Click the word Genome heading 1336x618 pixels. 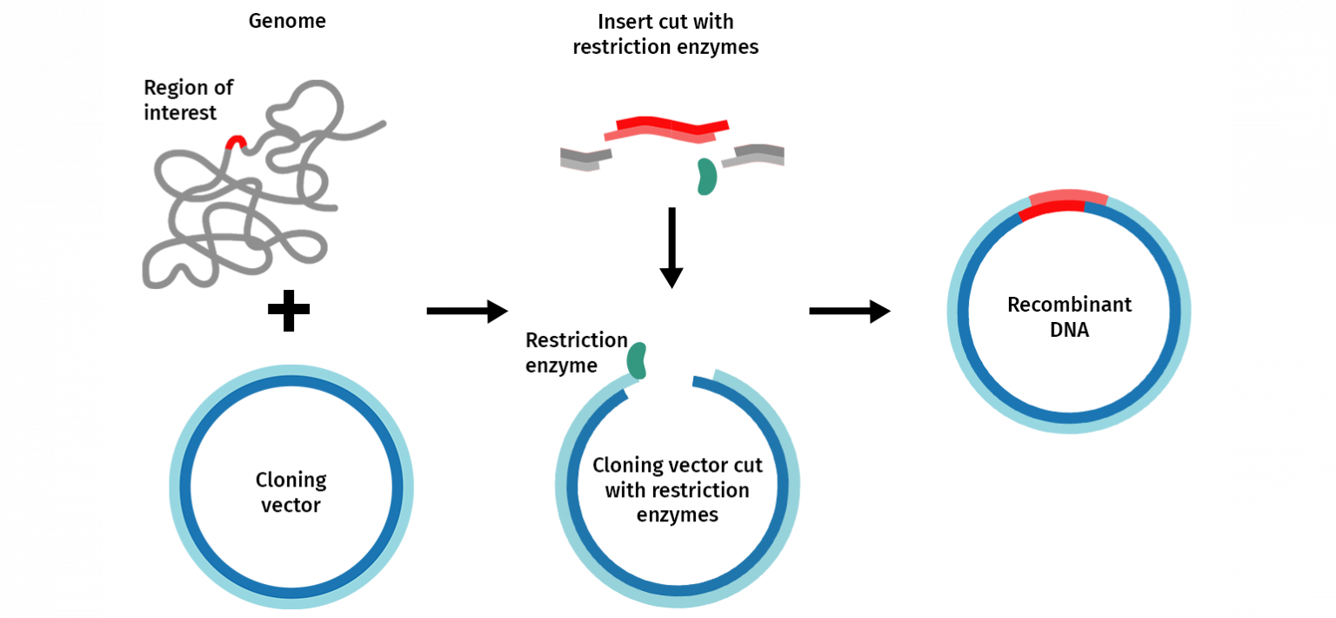click(x=287, y=21)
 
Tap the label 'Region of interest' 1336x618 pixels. click(x=188, y=100)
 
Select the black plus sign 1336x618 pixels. click(x=289, y=312)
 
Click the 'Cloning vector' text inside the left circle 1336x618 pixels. click(x=291, y=492)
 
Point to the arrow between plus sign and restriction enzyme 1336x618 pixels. click(x=466, y=311)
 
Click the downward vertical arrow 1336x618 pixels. click(x=671, y=247)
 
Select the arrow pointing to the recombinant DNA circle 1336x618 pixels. click(x=849, y=311)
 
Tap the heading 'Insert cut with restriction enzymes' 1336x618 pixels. click(x=665, y=34)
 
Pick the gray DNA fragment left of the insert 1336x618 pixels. click(x=585, y=158)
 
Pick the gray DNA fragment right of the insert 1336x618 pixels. click(x=754, y=155)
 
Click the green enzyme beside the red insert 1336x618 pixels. click(x=706, y=177)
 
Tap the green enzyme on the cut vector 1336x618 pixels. click(x=638, y=360)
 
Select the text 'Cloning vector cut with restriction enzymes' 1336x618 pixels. click(x=677, y=489)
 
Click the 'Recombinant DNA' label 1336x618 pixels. click(x=1069, y=317)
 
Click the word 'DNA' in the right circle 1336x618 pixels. click(x=1069, y=331)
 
